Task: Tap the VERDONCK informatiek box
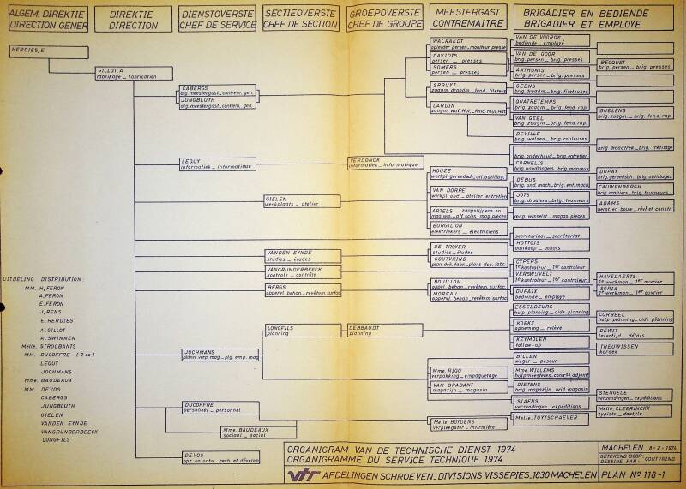[x=384, y=162]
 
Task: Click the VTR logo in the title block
[x=307, y=474]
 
